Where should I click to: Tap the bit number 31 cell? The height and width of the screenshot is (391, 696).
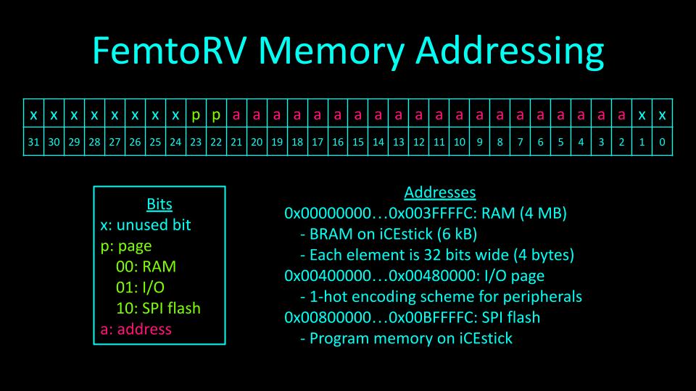[x=33, y=143]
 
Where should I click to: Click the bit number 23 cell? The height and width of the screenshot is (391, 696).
[x=196, y=143]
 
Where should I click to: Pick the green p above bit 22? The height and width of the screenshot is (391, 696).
[x=216, y=115]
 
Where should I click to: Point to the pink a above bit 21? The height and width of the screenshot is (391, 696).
[x=236, y=115]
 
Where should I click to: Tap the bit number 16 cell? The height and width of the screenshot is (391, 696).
[x=338, y=143]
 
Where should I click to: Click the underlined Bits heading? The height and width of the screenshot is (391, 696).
[x=159, y=204]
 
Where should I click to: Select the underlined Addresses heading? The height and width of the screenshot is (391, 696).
[x=439, y=193]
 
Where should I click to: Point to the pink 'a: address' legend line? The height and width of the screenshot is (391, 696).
[x=136, y=329]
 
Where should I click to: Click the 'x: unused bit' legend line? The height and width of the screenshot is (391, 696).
[x=146, y=224]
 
